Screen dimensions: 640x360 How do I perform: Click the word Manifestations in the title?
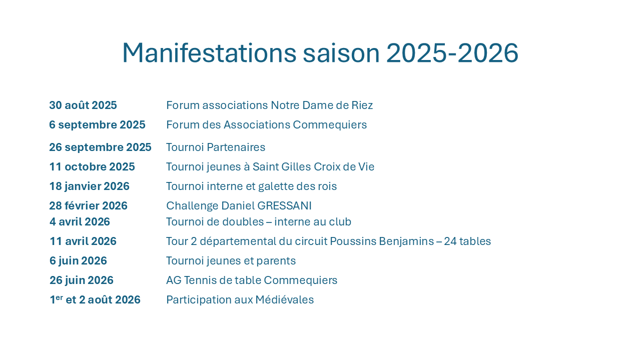pos(210,53)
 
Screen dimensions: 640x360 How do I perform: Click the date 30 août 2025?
pos(83,105)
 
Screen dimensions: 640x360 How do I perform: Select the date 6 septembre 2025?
pos(97,125)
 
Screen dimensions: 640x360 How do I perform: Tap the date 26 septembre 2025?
pos(100,147)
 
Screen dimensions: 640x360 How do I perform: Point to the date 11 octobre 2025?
pos(92,166)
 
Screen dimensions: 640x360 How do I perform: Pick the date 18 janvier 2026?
pos(90,186)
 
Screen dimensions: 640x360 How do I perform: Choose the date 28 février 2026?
pos(88,205)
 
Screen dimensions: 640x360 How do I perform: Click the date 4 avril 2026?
pos(80,222)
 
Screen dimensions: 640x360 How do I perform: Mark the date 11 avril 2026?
pos(83,241)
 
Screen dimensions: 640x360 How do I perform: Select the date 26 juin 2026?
pos(82,280)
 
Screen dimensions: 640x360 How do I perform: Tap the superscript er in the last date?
pos(59,297)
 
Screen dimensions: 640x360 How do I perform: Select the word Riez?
pos(362,105)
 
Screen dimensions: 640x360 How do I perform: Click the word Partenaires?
pos(236,147)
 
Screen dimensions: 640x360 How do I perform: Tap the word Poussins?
pos(353,241)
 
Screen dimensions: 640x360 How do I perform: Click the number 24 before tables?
pos(450,241)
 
